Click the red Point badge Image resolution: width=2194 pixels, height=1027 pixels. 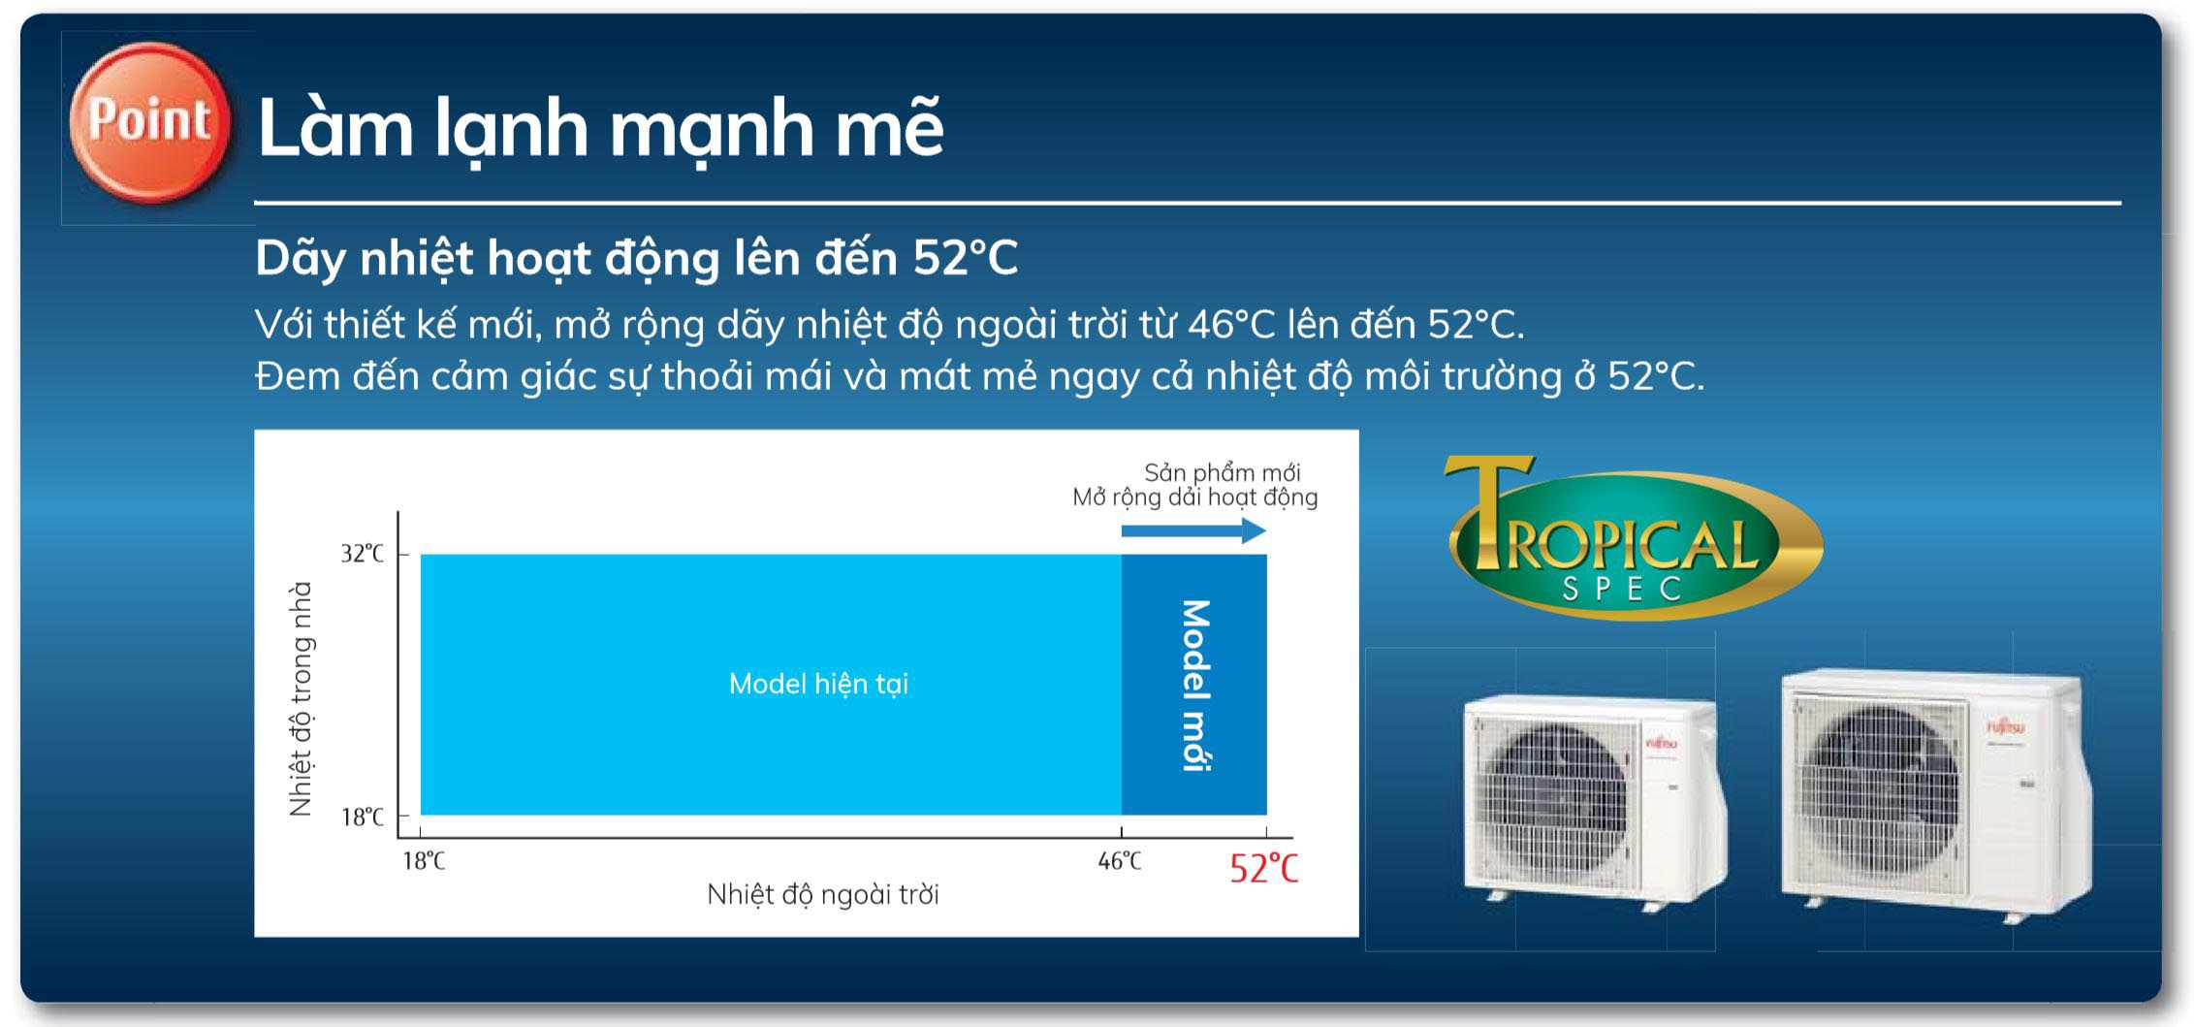tap(150, 122)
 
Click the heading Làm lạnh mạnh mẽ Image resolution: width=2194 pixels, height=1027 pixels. tap(600, 127)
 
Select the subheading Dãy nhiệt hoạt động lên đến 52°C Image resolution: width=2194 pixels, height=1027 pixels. tap(636, 258)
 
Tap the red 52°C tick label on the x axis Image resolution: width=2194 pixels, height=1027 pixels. tap(1263, 868)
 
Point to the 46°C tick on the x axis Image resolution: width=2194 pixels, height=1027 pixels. tap(1120, 860)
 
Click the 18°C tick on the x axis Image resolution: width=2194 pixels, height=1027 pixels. tap(424, 860)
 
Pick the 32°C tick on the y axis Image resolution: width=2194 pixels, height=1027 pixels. tap(362, 554)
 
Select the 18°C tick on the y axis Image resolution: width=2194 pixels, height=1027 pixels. tap(362, 817)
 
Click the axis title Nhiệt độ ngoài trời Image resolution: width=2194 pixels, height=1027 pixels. tap(822, 894)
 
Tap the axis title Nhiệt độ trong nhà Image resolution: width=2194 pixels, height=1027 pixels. tap(302, 698)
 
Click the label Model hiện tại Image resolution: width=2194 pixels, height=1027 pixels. tap(818, 685)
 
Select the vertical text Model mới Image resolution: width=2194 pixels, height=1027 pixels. tap(1194, 685)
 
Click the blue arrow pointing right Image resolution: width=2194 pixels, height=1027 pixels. tap(1193, 530)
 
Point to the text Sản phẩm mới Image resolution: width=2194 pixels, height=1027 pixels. tap(1222, 472)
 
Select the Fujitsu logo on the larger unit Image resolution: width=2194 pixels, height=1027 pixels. tap(2005, 725)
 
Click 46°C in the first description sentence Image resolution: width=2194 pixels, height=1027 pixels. tap(1230, 325)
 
